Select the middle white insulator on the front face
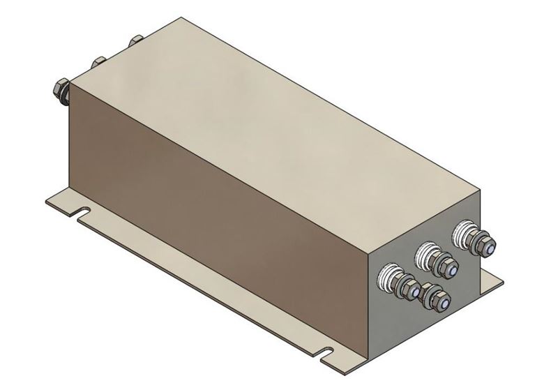pos(425,255)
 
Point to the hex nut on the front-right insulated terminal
pos(481,243)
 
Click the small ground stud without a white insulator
pos(437,299)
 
